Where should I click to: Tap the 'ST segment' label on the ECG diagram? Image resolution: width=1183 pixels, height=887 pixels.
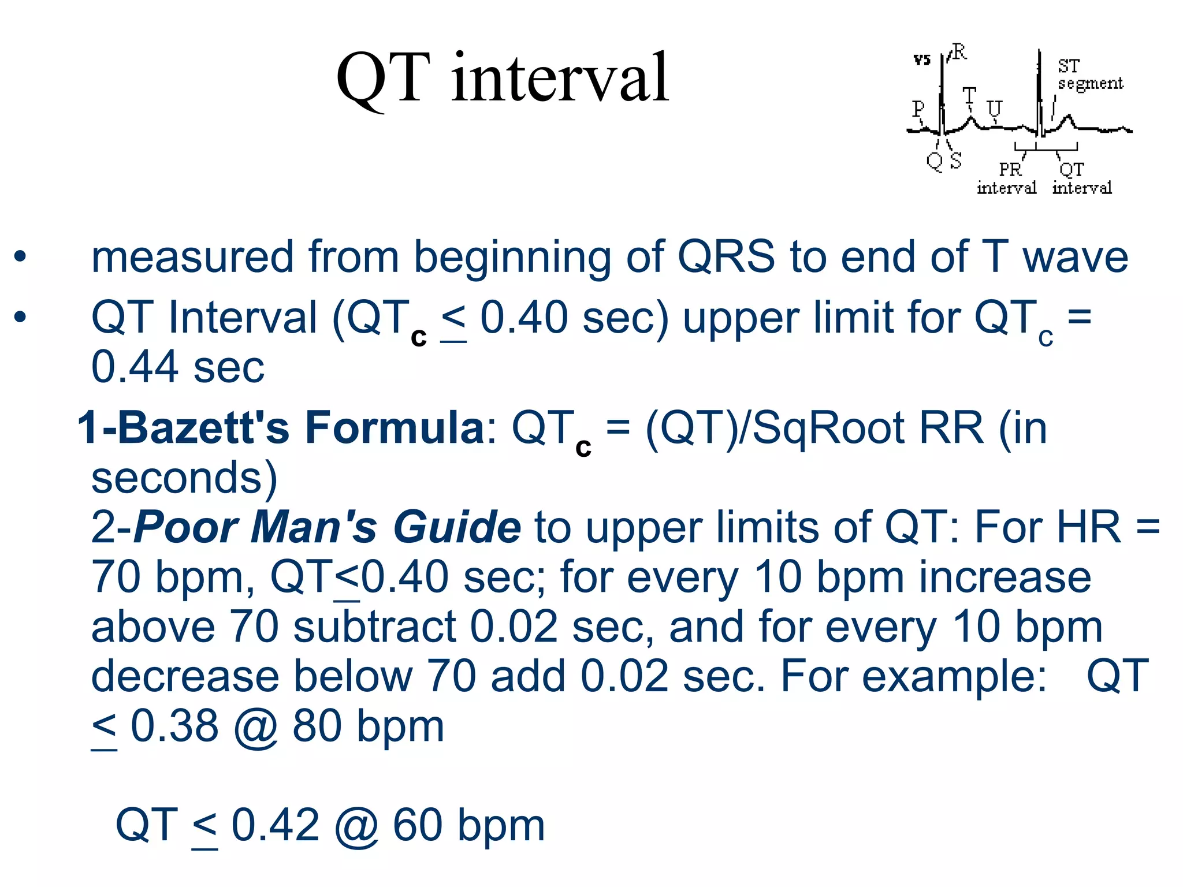pos(1089,75)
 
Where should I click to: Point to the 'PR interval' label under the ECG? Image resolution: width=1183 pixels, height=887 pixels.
pos(1007,178)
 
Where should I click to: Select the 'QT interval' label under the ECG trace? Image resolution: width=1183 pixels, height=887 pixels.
pos(1081,178)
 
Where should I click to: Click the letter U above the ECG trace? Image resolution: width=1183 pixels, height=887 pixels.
pos(994,109)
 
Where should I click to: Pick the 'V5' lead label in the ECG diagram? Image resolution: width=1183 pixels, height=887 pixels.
pos(922,59)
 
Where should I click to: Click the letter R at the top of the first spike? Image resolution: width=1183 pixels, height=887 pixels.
pos(959,53)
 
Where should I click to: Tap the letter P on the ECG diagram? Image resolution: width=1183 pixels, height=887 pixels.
pos(918,109)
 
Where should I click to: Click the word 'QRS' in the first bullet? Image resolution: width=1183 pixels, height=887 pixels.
pos(726,256)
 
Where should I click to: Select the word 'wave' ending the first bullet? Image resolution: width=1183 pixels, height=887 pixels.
pos(1075,256)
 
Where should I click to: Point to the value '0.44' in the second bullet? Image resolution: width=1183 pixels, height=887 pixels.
pos(135,367)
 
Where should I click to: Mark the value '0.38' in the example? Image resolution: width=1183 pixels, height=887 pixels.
pos(174,726)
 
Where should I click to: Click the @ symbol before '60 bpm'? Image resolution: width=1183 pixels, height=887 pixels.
pos(356,826)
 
